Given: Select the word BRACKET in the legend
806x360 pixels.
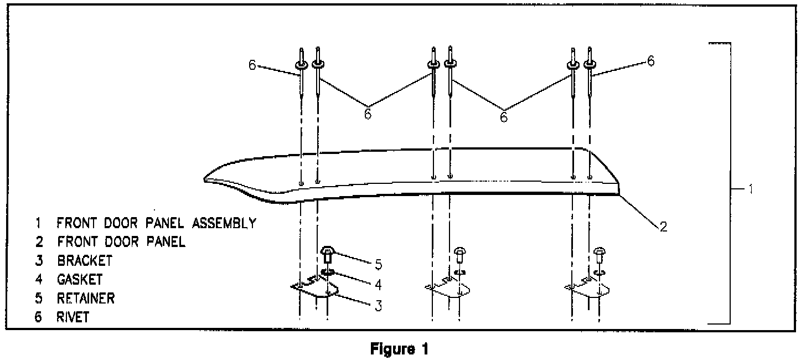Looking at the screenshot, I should click(84, 260).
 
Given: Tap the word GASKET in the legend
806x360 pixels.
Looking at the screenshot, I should click(79, 279).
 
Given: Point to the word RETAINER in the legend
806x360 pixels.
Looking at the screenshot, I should click(86, 298).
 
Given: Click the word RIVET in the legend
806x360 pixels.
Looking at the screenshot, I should click(73, 317).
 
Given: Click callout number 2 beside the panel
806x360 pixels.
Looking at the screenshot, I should click(663, 227).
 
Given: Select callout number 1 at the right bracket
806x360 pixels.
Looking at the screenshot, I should click(749, 189).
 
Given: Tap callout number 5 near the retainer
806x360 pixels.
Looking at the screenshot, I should click(378, 264).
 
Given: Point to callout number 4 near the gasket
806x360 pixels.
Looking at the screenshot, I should click(378, 285).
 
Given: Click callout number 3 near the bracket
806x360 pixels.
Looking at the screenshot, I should click(378, 305).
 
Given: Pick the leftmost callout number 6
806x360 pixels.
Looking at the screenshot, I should click(252, 65).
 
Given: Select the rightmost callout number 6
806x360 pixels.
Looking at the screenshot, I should click(650, 61).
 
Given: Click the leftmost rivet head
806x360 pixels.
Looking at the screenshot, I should click(301, 65).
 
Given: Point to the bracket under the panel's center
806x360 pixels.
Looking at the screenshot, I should click(447, 290).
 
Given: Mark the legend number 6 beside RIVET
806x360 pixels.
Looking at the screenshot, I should click(38, 317).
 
